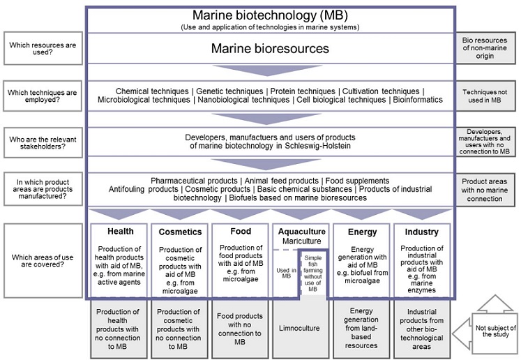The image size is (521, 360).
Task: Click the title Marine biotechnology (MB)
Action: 269,16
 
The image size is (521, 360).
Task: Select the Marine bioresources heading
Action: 270,49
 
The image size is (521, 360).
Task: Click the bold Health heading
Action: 120,232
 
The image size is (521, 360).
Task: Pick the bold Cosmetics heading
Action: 180,232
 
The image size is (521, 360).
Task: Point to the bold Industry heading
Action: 421,232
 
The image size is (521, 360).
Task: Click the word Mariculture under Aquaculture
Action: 301,241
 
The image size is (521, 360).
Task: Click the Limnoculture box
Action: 301,327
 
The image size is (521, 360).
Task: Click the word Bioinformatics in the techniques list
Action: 417,100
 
